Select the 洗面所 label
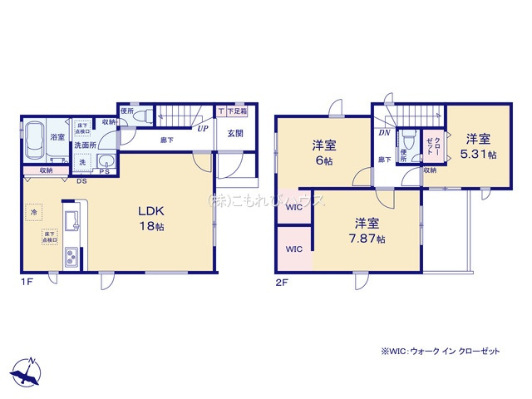[x=86, y=145]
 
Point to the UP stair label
[x=203, y=129]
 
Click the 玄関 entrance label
[x=235, y=133]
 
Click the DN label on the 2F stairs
[x=384, y=132]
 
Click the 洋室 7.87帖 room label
[x=369, y=230]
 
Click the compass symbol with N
[x=27, y=371]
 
